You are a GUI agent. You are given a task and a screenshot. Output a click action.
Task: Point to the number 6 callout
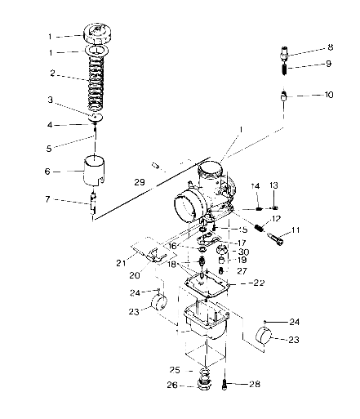point(47,172)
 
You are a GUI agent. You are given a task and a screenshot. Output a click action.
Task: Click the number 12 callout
point(276,218)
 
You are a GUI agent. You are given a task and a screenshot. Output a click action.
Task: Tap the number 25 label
point(175,368)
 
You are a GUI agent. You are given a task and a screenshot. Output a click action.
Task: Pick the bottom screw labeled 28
point(225,381)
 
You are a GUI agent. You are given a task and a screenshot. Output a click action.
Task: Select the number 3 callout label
point(51,100)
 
